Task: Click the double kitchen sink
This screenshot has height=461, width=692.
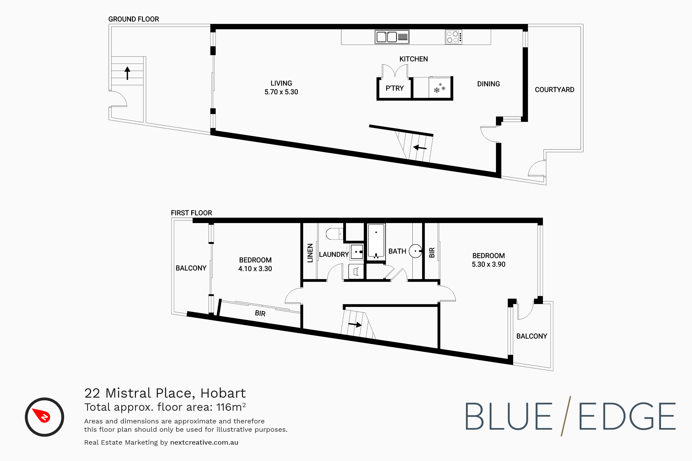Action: coord(392,37)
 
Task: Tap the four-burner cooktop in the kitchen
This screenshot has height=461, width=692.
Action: coord(453,37)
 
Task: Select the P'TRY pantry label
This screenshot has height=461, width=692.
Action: coord(394,88)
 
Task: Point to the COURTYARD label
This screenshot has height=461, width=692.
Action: coord(554,90)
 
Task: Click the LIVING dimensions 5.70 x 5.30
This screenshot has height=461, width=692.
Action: coord(281,92)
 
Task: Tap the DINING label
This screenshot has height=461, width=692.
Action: coord(488,84)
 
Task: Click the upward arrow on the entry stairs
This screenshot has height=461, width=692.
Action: coord(127,73)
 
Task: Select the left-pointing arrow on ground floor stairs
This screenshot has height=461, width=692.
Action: coord(420,148)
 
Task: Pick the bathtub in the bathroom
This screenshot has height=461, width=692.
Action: coord(376,241)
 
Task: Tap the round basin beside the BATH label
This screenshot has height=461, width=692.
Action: coord(415,251)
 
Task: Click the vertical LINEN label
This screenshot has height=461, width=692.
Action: coord(310,253)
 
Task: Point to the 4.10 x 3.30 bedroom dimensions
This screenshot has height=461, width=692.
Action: coord(255,269)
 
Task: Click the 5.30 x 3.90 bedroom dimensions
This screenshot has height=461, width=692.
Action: coord(488,264)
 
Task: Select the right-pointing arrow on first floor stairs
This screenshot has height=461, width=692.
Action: coord(355,325)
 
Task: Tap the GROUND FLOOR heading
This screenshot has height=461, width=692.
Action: coord(134,19)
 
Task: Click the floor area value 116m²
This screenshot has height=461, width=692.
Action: coord(231,407)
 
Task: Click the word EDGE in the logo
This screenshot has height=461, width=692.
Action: coord(627,416)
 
